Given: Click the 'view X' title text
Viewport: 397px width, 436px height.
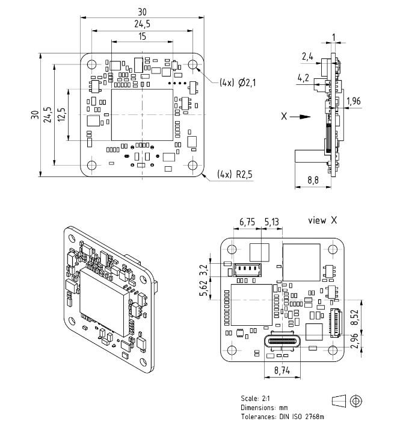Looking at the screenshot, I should pyautogui.click(x=325, y=220).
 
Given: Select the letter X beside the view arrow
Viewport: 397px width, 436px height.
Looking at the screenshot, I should pyautogui.click(x=283, y=117).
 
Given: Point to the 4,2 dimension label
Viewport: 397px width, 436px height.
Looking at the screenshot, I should pyautogui.click(x=304, y=77).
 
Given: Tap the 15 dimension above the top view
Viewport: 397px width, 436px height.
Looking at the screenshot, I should pyautogui.click(x=142, y=36).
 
